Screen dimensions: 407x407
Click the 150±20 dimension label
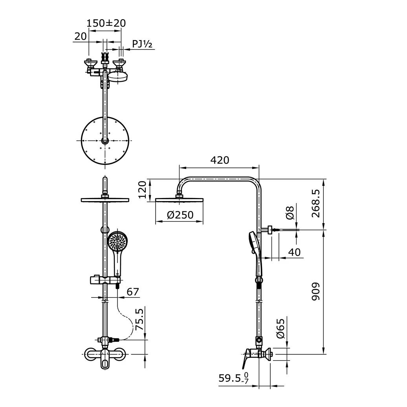(106, 23)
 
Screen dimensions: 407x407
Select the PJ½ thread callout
(142, 44)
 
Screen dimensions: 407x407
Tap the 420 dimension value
(219, 160)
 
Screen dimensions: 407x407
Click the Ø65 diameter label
(280, 329)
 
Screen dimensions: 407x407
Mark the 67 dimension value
(133, 291)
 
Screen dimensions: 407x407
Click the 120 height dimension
(143, 191)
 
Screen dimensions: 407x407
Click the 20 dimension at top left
(80, 36)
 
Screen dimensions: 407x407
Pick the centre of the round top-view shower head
(104, 141)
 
